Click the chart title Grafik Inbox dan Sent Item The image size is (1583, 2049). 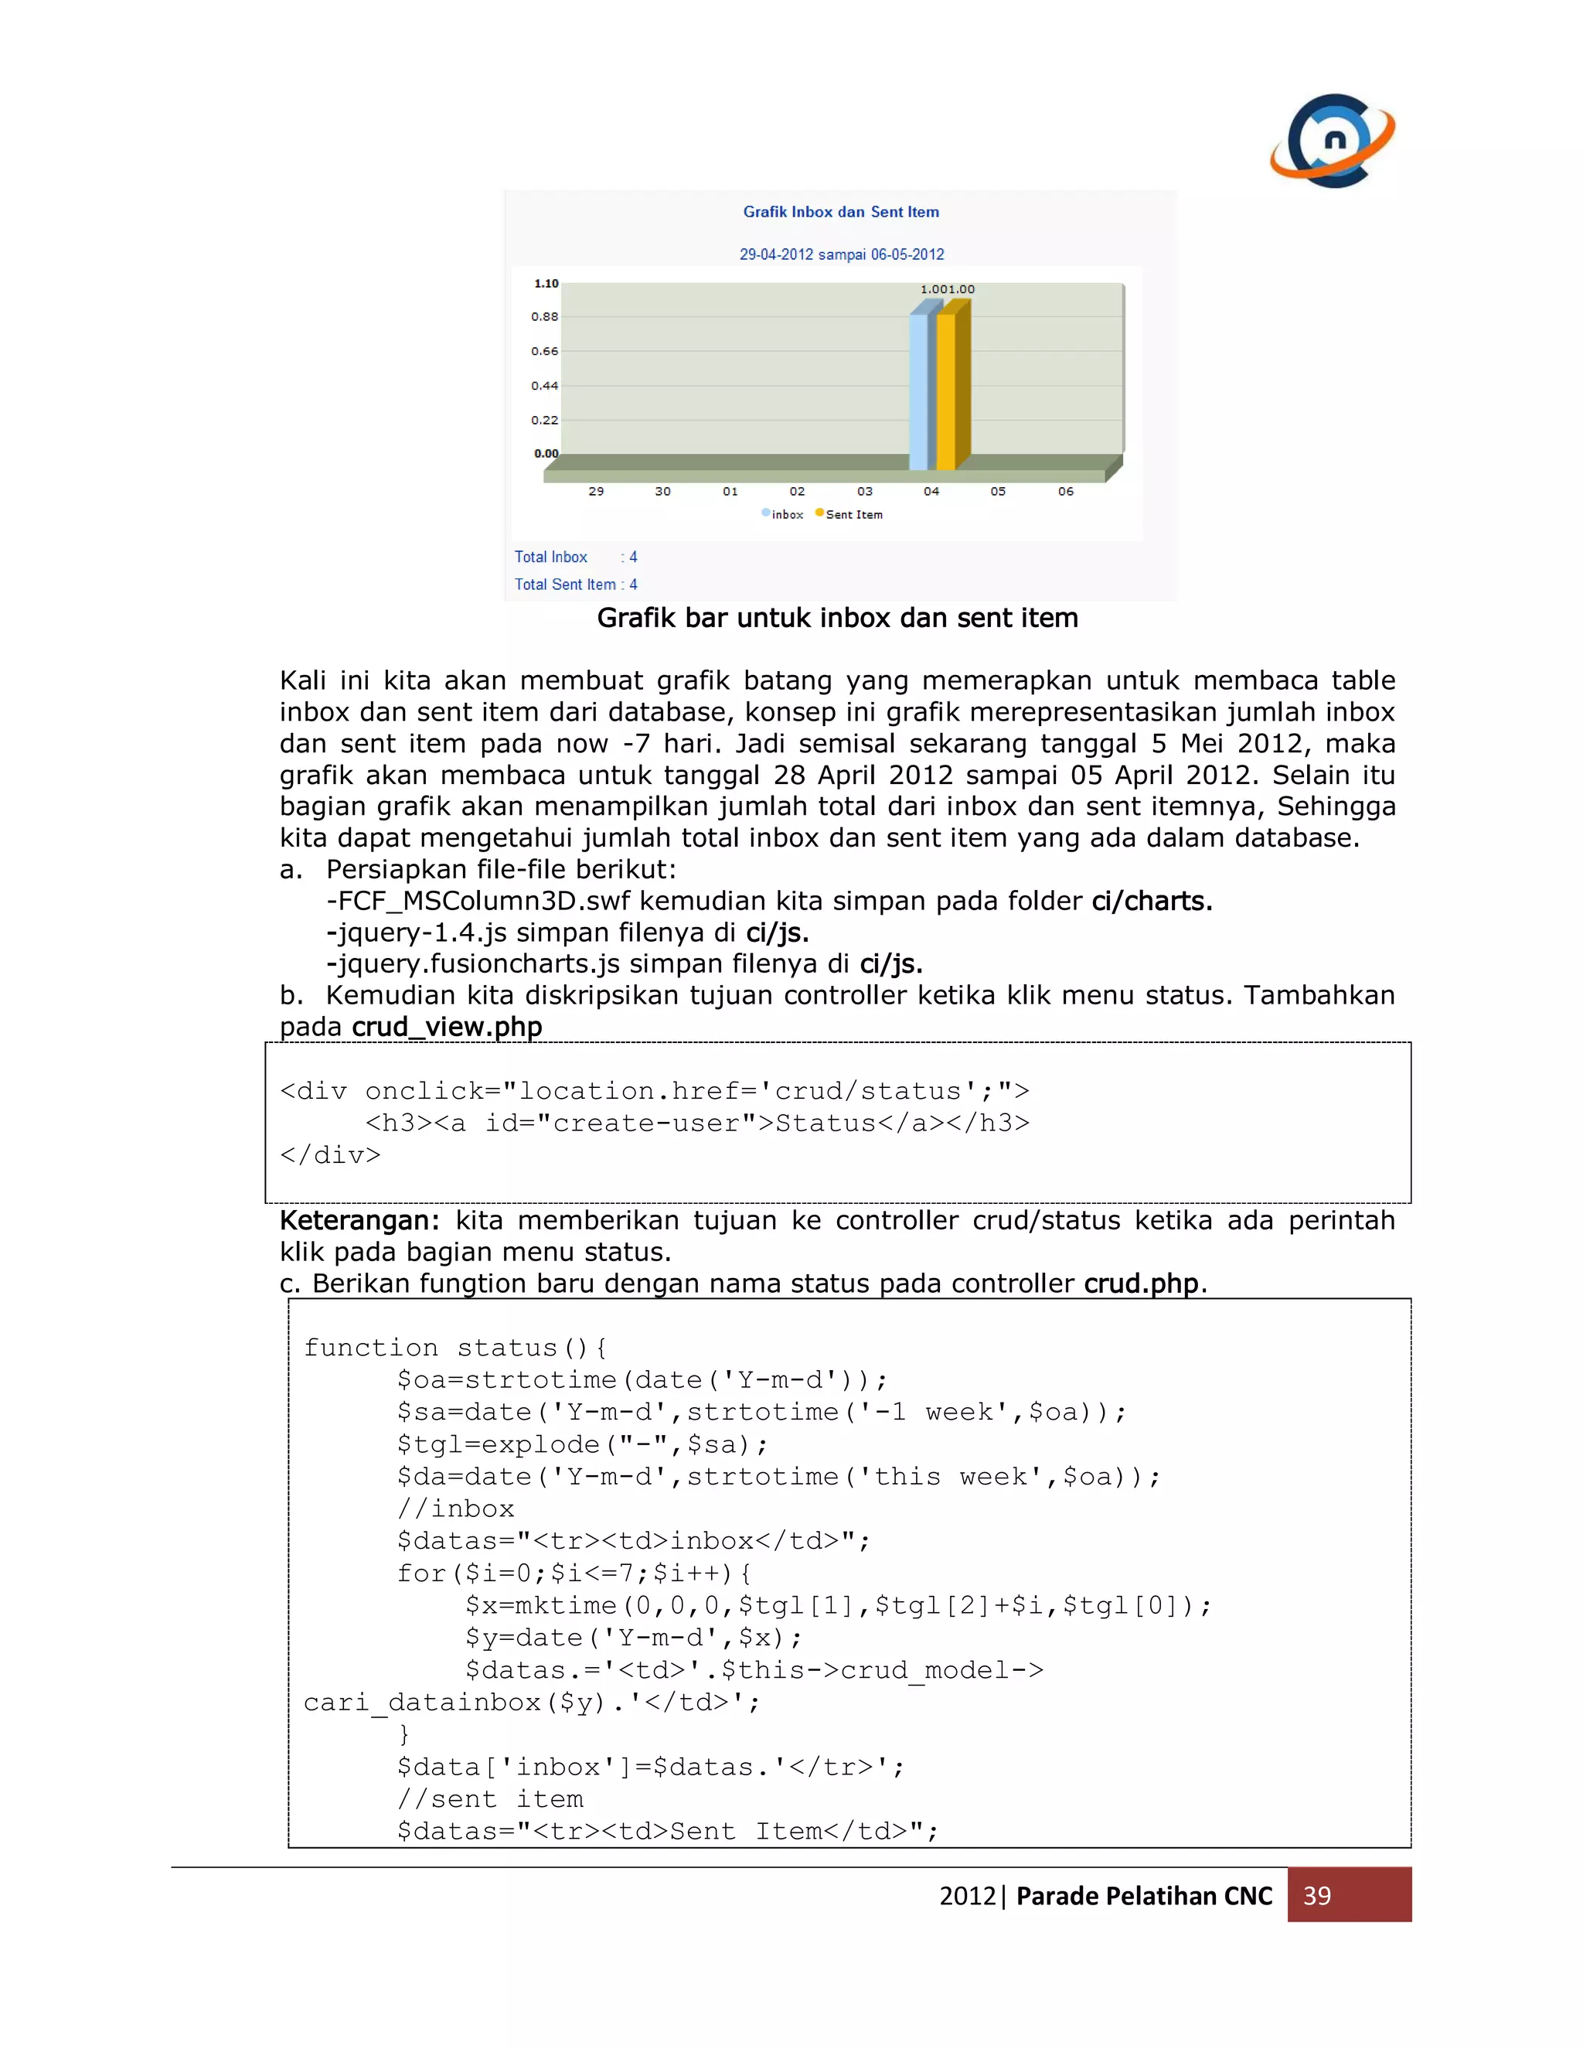pos(840,212)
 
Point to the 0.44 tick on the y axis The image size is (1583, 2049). pos(544,386)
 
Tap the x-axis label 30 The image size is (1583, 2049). pos(662,492)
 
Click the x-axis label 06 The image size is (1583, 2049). pos(1065,492)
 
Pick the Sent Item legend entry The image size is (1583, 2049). pos(849,514)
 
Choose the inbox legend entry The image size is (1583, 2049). pos(783,514)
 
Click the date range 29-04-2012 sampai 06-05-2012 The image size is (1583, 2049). pos(841,254)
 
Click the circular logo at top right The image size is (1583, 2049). pos(1333,141)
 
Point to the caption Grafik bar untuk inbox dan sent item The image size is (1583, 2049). pos(837,619)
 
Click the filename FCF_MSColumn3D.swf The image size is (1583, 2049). pos(483,902)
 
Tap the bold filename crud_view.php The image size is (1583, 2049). pos(447,1028)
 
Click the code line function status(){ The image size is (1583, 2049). pos(454,1348)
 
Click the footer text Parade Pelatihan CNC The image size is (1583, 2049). pos(1144,1896)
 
